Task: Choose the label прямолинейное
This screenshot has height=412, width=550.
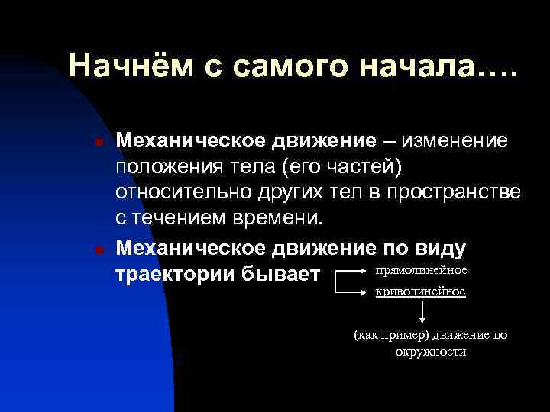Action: (x=422, y=270)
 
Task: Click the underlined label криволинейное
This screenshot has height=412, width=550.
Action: (x=421, y=291)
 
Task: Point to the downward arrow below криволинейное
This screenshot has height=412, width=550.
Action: (x=421, y=312)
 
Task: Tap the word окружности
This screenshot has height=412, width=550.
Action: (x=430, y=352)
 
